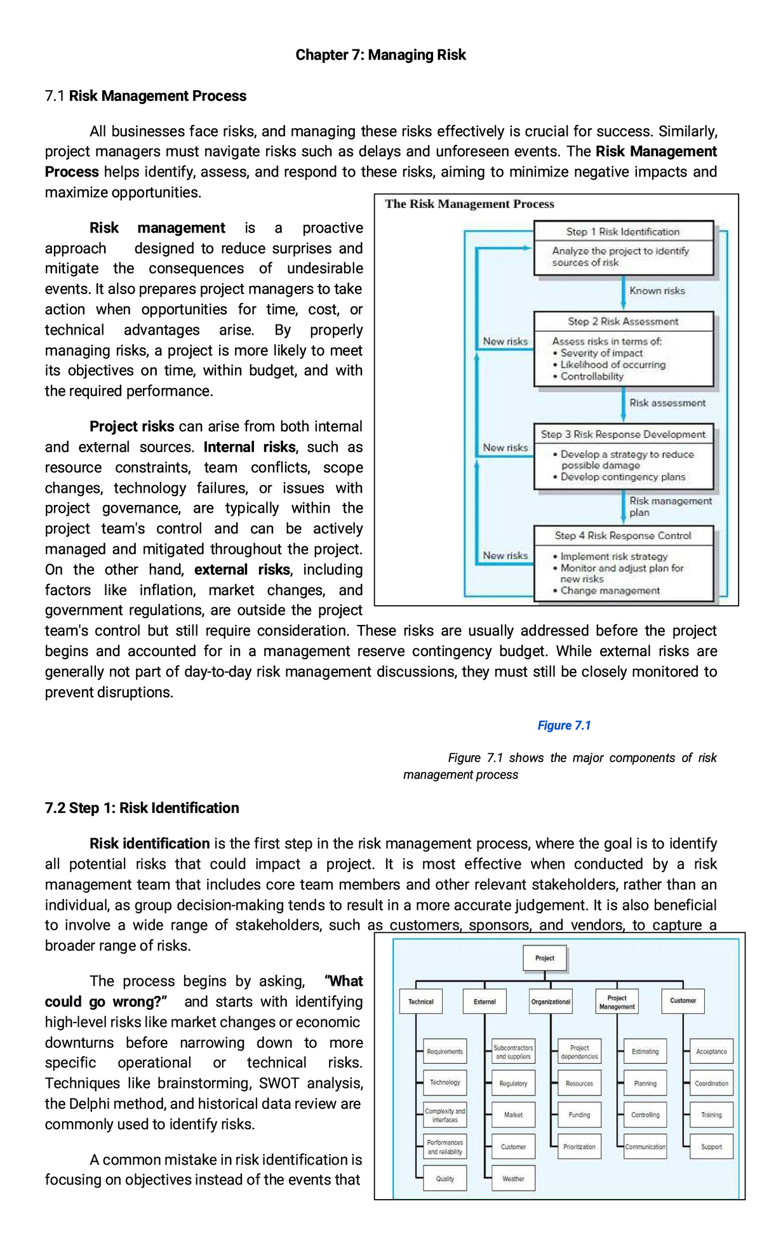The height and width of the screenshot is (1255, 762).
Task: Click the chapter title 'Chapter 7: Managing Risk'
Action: [x=380, y=55]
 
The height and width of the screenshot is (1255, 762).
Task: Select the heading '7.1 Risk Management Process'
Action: [x=145, y=96]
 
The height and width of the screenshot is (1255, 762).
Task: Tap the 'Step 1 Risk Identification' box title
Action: [x=623, y=232]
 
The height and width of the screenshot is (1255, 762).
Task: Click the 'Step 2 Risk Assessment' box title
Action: [x=623, y=321]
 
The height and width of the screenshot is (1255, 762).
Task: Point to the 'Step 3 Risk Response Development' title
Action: [x=623, y=434]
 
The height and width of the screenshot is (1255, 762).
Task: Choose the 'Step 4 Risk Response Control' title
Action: [x=623, y=535]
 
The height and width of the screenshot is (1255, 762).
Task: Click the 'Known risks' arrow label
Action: [x=657, y=291]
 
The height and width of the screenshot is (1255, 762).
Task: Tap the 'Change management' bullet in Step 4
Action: [x=610, y=591]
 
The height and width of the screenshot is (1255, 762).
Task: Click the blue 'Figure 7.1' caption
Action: [x=564, y=725]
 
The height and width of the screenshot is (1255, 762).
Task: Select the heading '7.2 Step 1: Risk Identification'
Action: [x=142, y=808]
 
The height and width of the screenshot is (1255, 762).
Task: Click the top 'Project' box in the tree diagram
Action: [x=545, y=958]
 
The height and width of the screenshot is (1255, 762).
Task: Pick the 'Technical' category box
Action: [x=421, y=1002]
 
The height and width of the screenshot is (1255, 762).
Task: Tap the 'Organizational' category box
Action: [x=551, y=1002]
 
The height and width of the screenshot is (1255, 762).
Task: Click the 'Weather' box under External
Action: [x=513, y=1179]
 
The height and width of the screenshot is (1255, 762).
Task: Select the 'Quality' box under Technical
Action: [x=445, y=1179]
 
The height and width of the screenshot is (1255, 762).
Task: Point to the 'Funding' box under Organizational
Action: [x=579, y=1115]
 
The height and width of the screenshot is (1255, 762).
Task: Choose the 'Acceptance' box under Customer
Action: [x=711, y=1052]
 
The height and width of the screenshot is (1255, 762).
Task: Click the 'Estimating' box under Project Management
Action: [x=645, y=1052]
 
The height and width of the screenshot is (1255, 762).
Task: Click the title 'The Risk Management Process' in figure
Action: [x=469, y=204]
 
